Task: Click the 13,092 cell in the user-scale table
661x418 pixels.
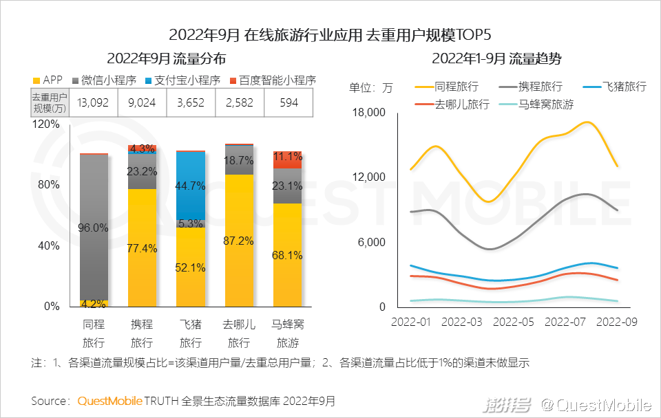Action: (x=94, y=103)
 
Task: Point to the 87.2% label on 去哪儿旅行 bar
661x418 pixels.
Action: (x=239, y=241)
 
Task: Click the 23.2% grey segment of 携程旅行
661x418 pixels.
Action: (x=143, y=171)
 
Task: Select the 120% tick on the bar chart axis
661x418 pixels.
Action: (x=46, y=124)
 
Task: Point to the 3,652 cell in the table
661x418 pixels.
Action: (x=191, y=103)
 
